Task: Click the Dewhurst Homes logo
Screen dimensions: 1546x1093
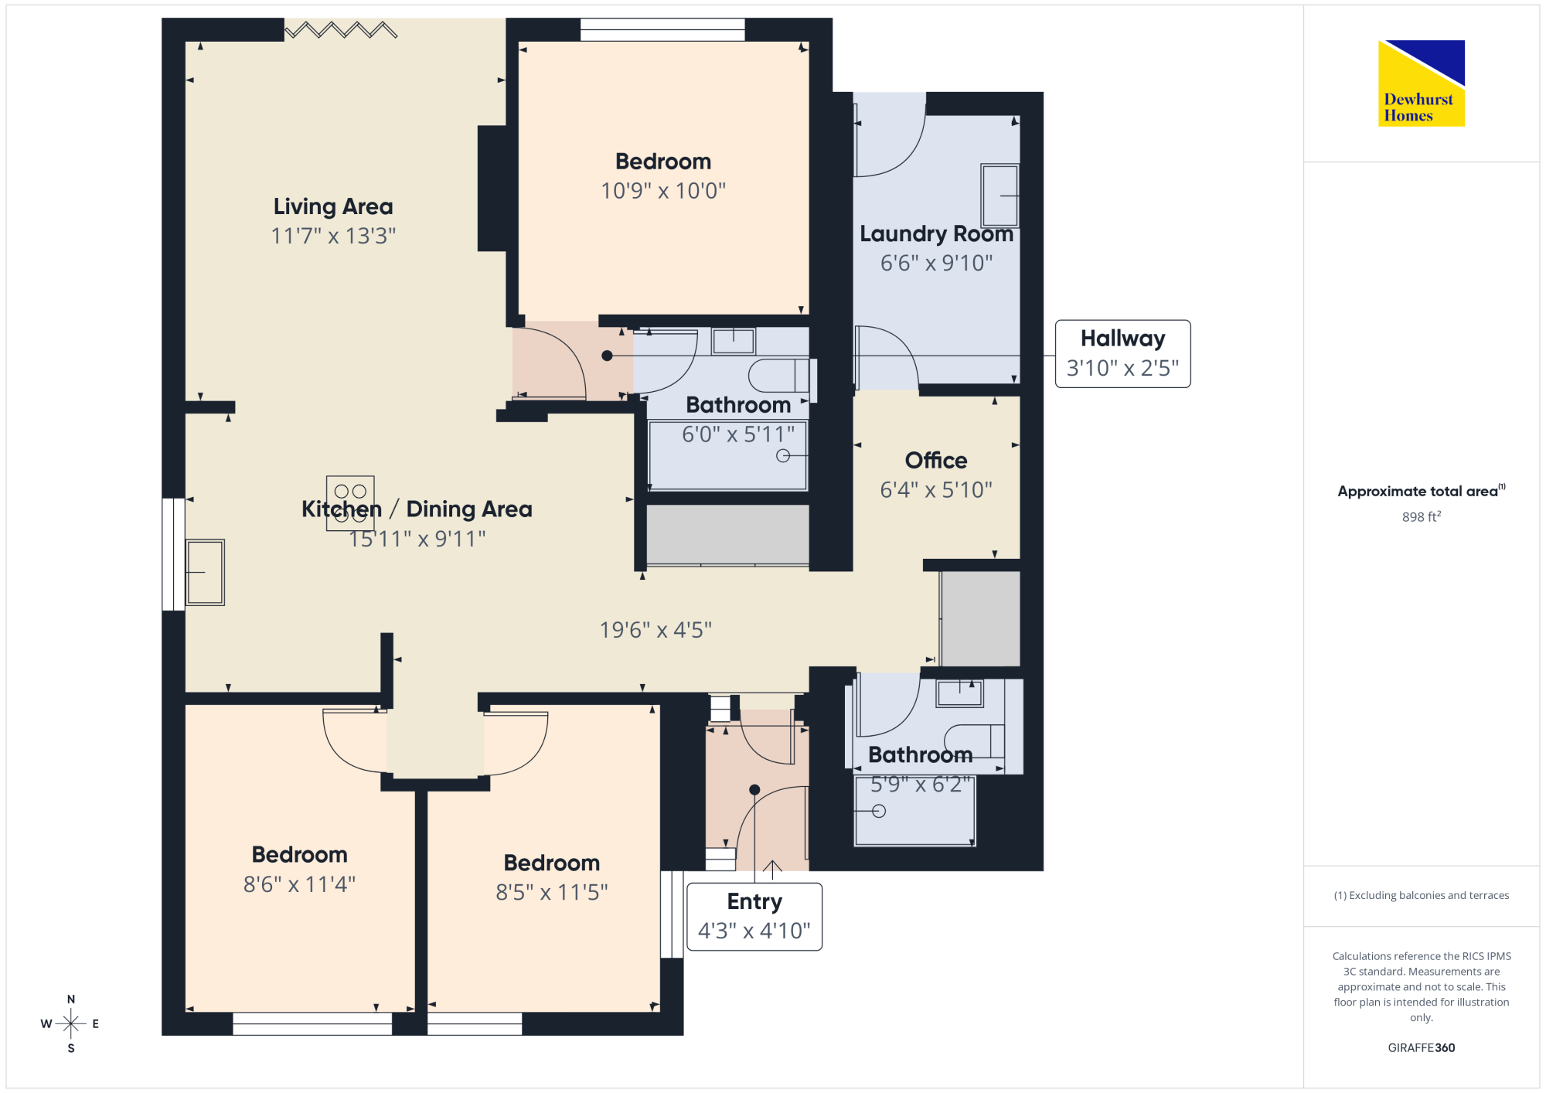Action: (x=1422, y=83)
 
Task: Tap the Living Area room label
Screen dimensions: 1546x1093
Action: (x=333, y=206)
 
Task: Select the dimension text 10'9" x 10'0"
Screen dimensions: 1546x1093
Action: (x=663, y=191)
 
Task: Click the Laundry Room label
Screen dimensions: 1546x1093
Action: (x=936, y=233)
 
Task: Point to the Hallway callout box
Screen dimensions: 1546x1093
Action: (x=1122, y=354)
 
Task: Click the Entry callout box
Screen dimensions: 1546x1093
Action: (x=754, y=917)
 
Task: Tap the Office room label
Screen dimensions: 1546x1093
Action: (x=936, y=461)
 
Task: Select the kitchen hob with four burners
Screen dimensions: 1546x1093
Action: (x=350, y=503)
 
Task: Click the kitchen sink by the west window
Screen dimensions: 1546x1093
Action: (x=205, y=572)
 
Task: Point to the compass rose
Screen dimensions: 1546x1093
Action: (x=70, y=1024)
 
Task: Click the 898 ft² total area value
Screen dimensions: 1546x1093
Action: (x=1422, y=516)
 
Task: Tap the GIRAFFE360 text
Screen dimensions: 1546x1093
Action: (x=1422, y=1048)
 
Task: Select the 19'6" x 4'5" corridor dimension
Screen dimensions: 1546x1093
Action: (x=656, y=630)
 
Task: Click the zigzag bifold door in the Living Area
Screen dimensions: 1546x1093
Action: (x=341, y=30)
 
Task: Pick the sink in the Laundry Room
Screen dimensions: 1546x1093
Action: (x=999, y=195)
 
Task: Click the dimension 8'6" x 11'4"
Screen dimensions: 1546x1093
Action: (x=300, y=884)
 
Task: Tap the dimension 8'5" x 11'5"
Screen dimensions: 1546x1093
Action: (x=552, y=893)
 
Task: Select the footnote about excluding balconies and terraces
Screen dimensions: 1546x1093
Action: (x=1422, y=895)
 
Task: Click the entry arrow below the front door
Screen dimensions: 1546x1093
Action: (x=772, y=870)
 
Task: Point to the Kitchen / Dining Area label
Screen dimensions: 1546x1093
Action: (x=417, y=509)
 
